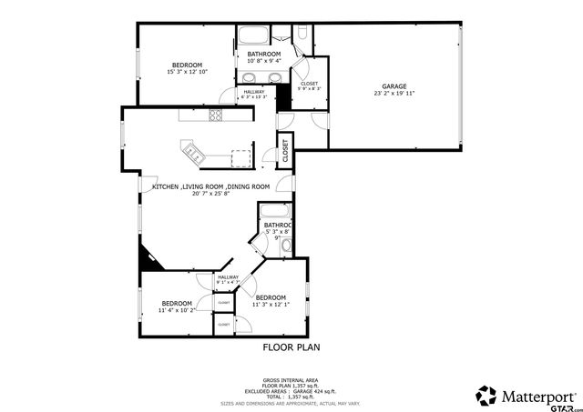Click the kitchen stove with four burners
pos(216,115)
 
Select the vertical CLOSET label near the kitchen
pos(284,150)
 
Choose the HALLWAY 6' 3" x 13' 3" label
pos(253,94)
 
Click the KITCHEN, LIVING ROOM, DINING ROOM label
pos(210,186)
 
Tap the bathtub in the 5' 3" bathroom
pos(273,211)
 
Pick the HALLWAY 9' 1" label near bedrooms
pos(228,279)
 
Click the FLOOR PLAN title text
pos(291,347)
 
